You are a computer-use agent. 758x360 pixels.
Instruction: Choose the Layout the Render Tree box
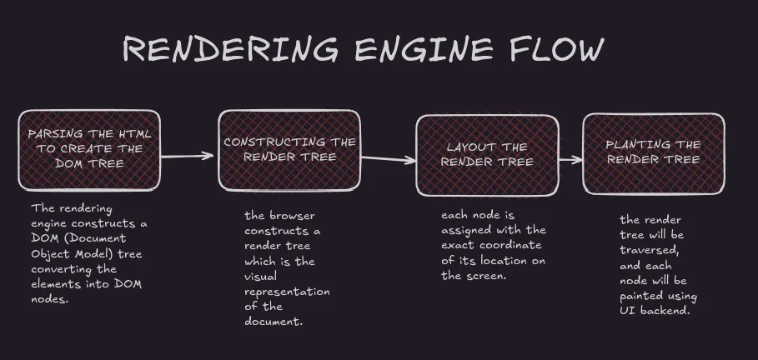tap(486, 153)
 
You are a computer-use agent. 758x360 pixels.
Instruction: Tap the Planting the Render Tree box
tap(653, 152)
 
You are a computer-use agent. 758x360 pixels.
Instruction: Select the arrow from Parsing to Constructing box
tap(188, 155)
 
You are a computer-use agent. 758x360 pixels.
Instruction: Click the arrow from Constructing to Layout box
tap(389, 158)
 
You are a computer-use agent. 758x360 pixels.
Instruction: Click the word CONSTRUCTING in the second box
tap(262, 142)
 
